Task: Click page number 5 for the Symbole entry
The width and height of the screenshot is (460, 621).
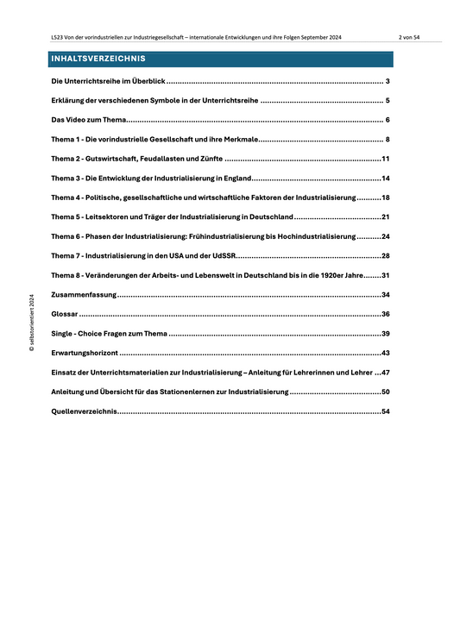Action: pyautogui.click(x=388, y=101)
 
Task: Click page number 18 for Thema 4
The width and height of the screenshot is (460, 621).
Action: pyautogui.click(x=387, y=198)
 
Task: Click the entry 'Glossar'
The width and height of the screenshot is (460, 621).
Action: pyautogui.click(x=65, y=314)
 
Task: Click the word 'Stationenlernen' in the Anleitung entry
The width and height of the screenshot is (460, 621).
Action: pyautogui.click(x=248, y=392)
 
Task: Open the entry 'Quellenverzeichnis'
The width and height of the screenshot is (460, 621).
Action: pyautogui.click(x=85, y=411)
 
